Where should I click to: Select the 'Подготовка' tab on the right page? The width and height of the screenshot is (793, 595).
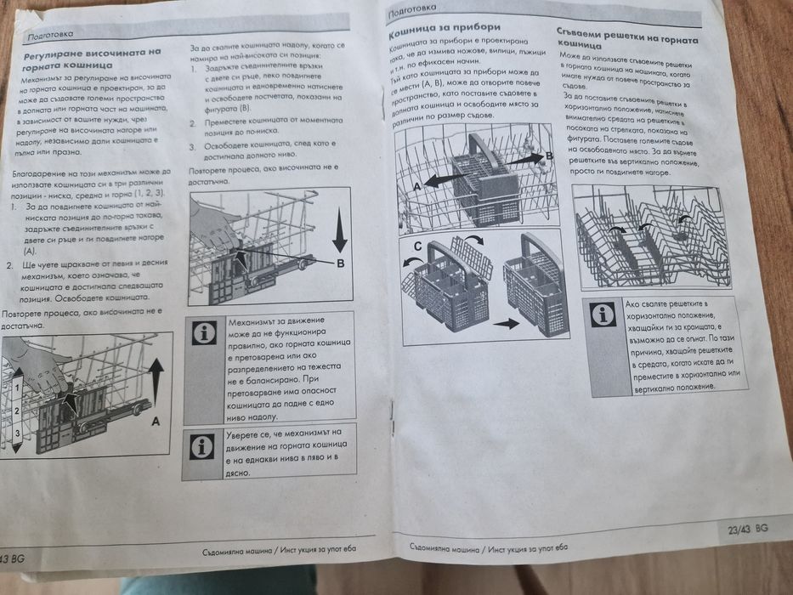coord(412,13)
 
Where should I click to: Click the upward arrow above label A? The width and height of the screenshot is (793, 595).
coord(156,378)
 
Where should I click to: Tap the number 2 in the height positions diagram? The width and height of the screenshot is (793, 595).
coord(17,410)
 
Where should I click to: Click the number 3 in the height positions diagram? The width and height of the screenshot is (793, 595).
coord(17,434)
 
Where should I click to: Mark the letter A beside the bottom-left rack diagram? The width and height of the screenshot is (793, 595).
coord(156,420)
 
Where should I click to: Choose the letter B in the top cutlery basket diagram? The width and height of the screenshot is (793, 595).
coord(548,156)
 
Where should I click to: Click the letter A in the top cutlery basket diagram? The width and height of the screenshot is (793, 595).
coord(417,184)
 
